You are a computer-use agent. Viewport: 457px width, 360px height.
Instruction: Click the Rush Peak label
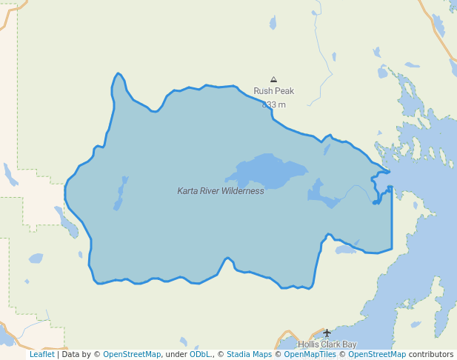(x=273, y=91)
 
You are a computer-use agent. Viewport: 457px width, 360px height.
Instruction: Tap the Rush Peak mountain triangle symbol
(x=273, y=79)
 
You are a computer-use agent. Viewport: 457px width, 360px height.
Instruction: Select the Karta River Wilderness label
(x=220, y=191)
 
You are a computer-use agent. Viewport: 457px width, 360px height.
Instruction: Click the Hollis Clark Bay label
(x=327, y=344)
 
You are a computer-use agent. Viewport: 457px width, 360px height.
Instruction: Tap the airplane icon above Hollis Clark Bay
(x=327, y=333)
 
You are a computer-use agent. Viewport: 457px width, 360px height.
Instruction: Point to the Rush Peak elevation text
(x=273, y=104)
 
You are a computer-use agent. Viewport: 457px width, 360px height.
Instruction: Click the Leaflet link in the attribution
(x=41, y=355)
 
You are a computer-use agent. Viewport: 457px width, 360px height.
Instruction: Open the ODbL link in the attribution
(x=200, y=355)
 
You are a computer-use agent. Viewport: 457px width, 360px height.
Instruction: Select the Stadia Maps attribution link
(x=249, y=355)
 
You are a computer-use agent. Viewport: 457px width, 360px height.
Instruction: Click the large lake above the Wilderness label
(x=267, y=170)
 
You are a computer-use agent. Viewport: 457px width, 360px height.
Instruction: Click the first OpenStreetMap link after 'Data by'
(x=132, y=355)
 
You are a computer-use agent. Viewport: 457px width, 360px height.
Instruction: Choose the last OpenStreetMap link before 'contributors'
(x=377, y=355)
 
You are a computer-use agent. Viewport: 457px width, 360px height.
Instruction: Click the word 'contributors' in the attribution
(x=431, y=355)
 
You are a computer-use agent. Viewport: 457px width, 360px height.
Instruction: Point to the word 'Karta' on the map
(x=187, y=191)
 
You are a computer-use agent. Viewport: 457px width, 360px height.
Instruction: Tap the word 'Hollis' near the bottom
(x=309, y=344)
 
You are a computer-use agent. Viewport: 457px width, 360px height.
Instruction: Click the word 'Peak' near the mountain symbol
(x=284, y=91)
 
